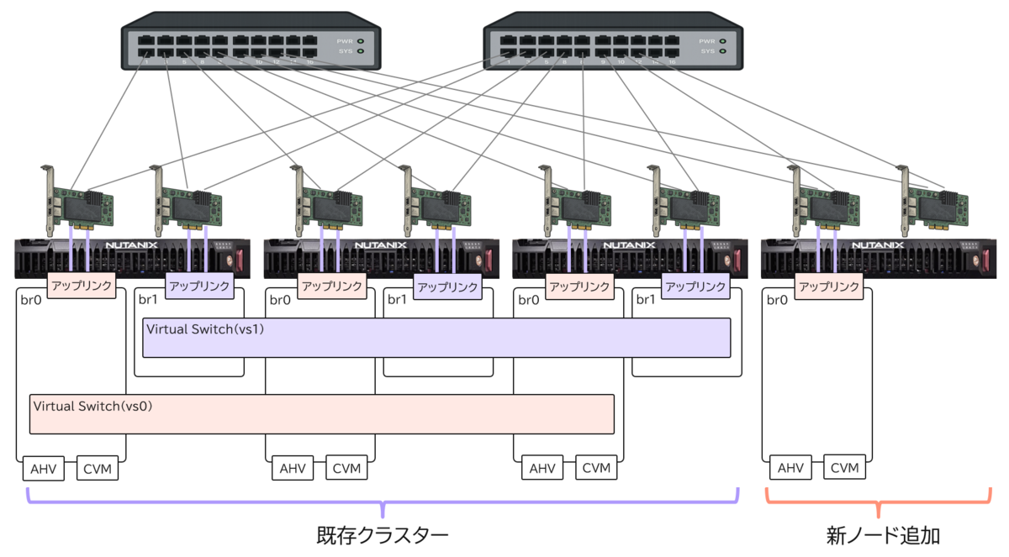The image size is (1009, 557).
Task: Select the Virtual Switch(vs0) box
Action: coord(321,413)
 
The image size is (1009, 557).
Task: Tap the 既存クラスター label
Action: coord(383,535)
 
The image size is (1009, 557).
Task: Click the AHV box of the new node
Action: coord(790,468)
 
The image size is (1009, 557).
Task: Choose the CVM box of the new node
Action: coord(843,468)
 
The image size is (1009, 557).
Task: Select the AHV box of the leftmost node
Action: coord(43,469)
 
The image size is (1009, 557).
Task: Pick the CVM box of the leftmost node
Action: coord(97,469)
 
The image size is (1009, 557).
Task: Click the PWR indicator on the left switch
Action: coord(360,40)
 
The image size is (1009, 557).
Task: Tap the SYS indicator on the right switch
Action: coord(721,51)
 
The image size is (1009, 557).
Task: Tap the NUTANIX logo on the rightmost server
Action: coord(880,246)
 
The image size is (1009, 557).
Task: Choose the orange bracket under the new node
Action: coord(878,502)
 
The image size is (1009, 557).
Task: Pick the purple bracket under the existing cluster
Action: coord(383,502)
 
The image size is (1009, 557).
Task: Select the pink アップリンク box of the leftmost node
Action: coord(81,286)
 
